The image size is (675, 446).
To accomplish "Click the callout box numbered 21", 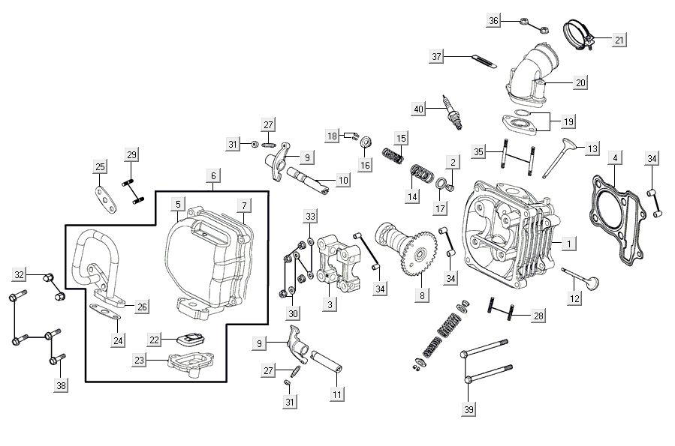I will (618, 40).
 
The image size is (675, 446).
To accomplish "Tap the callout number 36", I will (493, 20).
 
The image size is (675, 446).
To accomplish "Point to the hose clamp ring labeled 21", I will (580, 32).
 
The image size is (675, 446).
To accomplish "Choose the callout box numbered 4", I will (615, 159).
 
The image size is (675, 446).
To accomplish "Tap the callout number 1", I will (569, 244).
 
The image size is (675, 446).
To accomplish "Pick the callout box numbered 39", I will (469, 409).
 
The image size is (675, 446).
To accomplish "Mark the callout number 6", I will (213, 175).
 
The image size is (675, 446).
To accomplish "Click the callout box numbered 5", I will (178, 204).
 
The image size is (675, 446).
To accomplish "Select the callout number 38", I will (61, 385).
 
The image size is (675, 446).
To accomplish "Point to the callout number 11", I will (337, 393).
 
